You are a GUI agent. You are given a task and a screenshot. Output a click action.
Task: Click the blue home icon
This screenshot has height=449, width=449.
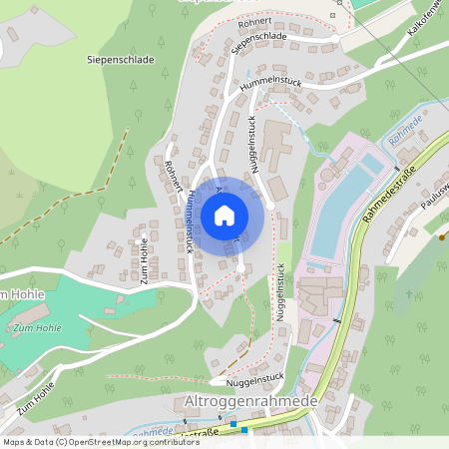coord(224,215)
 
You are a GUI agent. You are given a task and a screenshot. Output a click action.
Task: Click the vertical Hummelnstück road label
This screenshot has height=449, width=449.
coord(189,223)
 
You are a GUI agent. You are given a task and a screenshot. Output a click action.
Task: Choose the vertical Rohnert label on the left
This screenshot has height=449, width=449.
coord(173,175)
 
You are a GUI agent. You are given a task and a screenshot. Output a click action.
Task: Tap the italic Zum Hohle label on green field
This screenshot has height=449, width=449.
coord(37,327)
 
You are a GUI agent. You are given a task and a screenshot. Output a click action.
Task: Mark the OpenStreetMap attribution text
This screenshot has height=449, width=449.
coord(100,441)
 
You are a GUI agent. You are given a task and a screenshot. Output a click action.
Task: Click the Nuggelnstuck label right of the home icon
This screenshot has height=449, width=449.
coord(255,146)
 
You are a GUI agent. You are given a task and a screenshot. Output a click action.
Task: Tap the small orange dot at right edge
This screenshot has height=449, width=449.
coord(441,237)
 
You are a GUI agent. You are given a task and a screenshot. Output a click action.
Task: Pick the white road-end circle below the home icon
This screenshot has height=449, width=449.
coord(241,267)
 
